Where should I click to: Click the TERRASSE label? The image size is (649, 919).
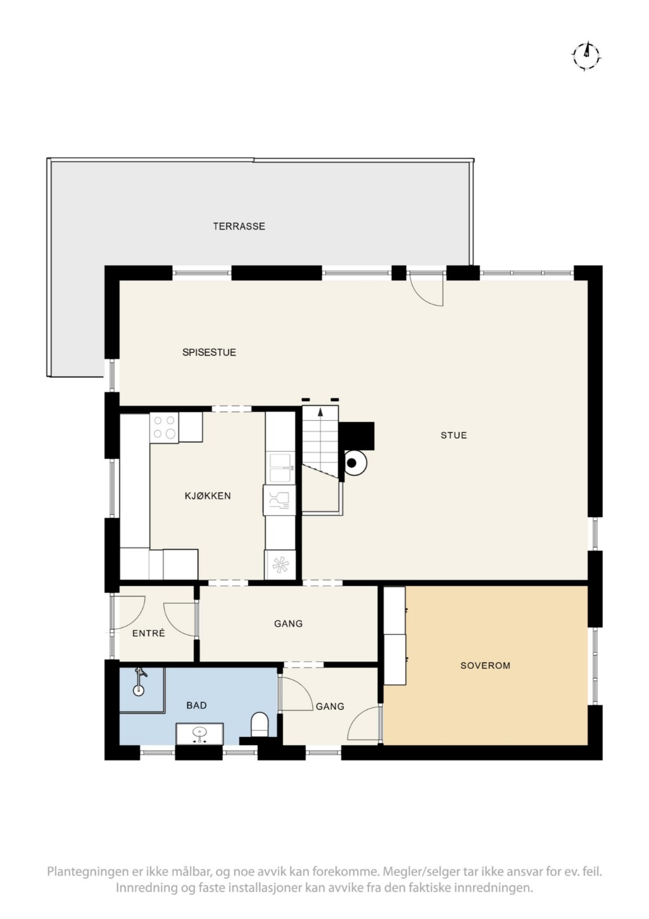point(239,226)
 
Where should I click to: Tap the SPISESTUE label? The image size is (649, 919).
point(209,352)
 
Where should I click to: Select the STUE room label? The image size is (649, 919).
point(454,435)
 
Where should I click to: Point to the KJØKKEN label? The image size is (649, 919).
point(208,496)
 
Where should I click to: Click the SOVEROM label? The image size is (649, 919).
point(486,665)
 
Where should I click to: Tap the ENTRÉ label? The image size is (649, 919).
point(148,633)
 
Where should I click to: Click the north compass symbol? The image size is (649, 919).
point(587,56)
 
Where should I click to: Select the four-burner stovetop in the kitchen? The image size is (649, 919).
point(165,428)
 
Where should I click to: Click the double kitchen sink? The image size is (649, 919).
point(280,468)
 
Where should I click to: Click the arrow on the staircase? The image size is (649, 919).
point(320,413)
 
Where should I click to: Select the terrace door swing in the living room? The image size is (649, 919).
point(427,289)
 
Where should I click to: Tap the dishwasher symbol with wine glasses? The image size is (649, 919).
point(279,500)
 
